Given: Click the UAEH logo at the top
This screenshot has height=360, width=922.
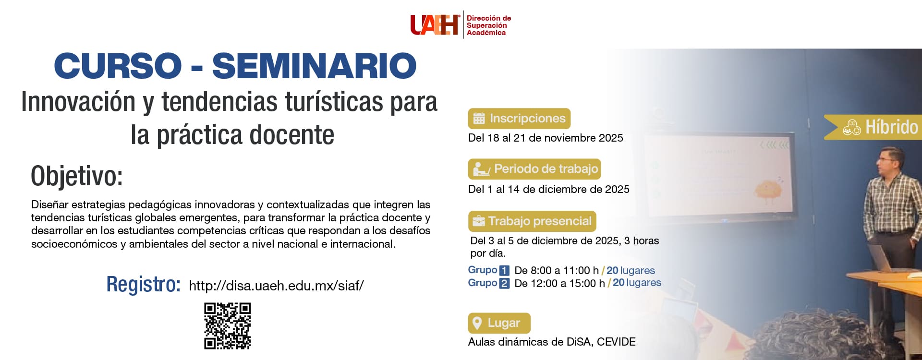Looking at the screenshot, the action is [435, 25].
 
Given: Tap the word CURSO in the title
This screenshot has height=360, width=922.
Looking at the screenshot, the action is [118, 66].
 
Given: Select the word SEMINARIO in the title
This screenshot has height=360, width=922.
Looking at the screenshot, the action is [315, 66].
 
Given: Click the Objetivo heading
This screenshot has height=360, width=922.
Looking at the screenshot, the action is [77, 176].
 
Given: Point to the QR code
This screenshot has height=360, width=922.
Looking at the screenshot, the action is [228, 325].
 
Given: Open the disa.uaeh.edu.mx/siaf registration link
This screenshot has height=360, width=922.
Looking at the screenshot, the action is [277, 286].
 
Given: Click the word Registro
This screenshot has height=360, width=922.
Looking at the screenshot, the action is [144, 284].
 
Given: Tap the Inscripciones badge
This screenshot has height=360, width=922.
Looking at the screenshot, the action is [519, 119].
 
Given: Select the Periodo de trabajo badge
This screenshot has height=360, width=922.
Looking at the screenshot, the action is [534, 169].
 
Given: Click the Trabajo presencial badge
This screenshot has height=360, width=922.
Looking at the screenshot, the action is [532, 221].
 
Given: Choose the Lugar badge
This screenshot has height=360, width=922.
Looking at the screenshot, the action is [499, 323].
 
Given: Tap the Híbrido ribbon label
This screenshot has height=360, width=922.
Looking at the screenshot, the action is [873, 127].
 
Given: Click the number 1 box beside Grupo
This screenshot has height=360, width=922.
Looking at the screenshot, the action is [504, 271].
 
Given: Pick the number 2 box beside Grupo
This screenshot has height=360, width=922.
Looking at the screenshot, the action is [504, 283].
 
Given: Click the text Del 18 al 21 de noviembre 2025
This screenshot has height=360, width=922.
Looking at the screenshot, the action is [546, 138].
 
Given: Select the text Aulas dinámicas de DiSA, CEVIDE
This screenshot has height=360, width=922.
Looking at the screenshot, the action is [552, 342].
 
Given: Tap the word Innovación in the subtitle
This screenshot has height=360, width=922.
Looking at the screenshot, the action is [78, 102].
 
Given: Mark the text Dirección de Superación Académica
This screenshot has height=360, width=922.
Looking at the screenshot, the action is [489, 25].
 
